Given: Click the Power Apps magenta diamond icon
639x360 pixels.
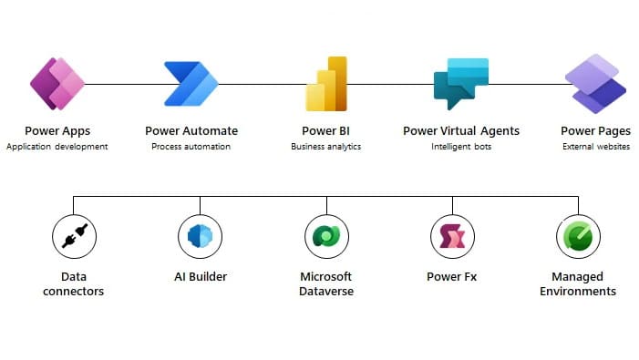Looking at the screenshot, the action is tap(57, 84).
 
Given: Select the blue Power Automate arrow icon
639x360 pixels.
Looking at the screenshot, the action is tap(191, 84).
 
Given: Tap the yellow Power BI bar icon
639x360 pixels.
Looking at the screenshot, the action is tap(326, 84).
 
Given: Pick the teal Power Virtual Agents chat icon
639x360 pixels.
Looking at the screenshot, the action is tap(461, 84).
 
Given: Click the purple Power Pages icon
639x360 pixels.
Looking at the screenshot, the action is tap(595, 84).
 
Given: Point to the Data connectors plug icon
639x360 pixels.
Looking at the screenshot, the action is tap(74, 236).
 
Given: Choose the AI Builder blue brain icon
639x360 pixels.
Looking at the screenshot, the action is tap(201, 236).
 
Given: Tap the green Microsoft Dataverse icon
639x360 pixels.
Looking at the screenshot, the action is tap(326, 236).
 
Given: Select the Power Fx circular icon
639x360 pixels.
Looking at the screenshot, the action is tap(452, 236).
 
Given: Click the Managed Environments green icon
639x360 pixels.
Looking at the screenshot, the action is tap(578, 236).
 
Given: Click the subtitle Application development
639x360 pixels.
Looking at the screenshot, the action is tap(57, 147).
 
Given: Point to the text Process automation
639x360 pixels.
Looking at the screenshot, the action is tap(191, 146).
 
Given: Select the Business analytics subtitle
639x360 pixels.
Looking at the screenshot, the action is tap(326, 147).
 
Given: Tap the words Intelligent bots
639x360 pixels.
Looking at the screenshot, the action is tap(461, 147).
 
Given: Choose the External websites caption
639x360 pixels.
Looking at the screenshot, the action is tap(596, 146).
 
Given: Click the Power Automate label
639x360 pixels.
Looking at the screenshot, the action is tap(191, 130).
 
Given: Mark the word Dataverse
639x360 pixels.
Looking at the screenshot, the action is tap(326, 291).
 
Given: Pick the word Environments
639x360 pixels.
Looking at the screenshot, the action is tap(578, 291).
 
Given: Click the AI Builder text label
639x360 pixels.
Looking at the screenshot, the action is tap(201, 276).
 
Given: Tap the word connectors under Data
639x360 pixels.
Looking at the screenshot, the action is tap(73, 291).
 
